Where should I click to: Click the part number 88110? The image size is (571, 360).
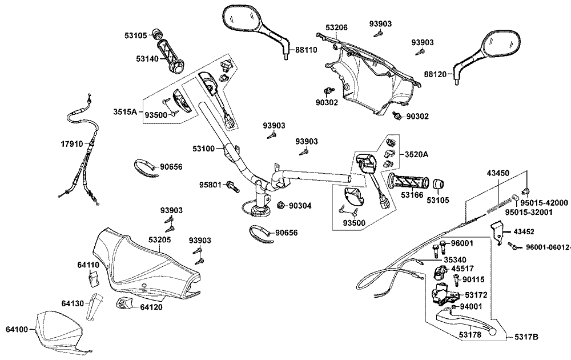click(x=306, y=50)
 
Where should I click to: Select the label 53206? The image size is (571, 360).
click(x=336, y=27)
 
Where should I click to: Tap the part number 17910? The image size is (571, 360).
click(x=72, y=144)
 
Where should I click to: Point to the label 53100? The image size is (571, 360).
click(x=204, y=149)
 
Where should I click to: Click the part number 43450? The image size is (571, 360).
click(x=498, y=173)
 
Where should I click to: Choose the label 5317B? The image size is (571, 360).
click(x=526, y=337)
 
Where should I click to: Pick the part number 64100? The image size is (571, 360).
click(x=17, y=329)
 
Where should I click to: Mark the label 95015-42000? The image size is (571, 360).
click(x=544, y=203)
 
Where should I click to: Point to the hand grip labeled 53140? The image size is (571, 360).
click(x=170, y=57)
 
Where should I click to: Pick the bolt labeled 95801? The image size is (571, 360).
click(x=233, y=186)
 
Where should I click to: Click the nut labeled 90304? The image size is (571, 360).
click(x=281, y=206)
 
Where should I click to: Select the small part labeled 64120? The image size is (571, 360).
click(x=123, y=303)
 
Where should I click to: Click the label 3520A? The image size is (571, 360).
click(x=416, y=154)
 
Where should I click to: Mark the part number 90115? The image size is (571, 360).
click(x=473, y=279)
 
